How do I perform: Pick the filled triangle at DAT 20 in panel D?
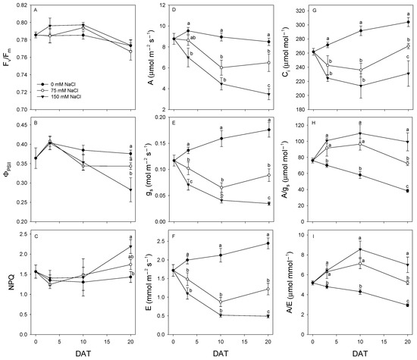pos(269,94)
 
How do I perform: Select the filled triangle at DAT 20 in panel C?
pos(130,246)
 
